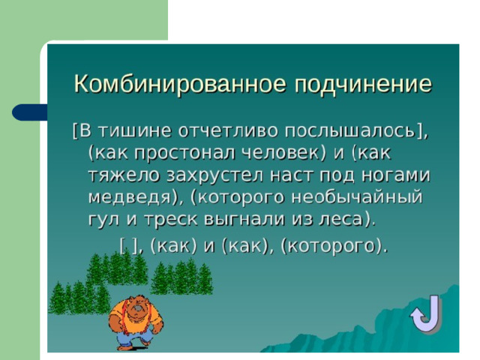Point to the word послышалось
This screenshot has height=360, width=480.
(349, 132)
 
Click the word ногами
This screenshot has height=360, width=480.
(396, 175)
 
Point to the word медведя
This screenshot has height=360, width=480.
(130, 198)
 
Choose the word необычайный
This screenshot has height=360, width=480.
(357, 197)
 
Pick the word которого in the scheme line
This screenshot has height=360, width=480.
(332, 247)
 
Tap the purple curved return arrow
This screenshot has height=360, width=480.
(425, 314)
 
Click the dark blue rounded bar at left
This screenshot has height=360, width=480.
(30, 112)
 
